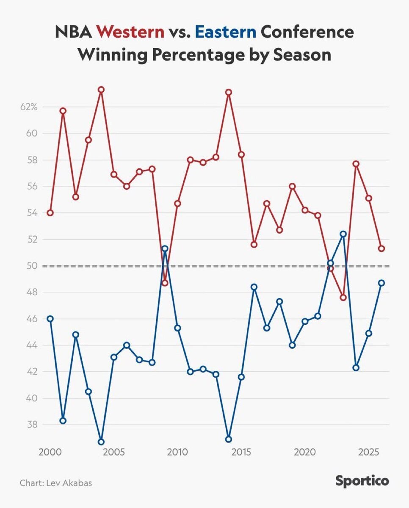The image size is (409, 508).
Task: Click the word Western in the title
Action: click(x=130, y=33)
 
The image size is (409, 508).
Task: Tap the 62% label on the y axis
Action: click(x=29, y=107)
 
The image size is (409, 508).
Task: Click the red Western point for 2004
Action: click(x=101, y=90)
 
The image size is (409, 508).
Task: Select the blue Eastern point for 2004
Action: click(x=101, y=442)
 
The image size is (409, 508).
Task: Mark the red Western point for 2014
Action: click(x=229, y=92)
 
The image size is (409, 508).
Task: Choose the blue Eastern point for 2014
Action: click(x=229, y=439)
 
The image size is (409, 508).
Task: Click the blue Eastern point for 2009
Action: click(x=165, y=248)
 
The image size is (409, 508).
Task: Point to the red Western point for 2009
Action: click(x=165, y=283)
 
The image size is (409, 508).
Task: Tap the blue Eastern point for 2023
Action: click(x=343, y=234)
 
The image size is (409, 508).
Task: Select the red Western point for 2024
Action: click(x=356, y=164)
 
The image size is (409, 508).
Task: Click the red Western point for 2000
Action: click(x=50, y=213)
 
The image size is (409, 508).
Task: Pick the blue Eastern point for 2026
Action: click(x=381, y=283)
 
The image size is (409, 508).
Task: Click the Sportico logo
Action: click(x=362, y=481)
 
